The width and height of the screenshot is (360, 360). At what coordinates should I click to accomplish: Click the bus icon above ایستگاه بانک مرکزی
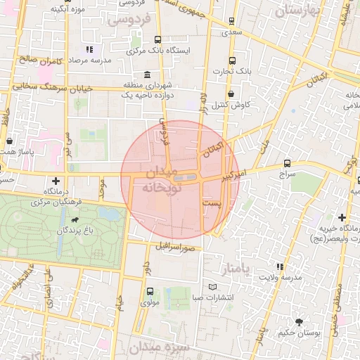(157, 40)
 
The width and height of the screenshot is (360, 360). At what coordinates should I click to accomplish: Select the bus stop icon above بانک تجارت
(233, 60)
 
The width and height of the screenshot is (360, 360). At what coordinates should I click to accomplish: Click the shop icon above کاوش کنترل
(231, 94)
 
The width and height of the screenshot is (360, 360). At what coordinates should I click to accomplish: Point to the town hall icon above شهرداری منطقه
(147, 75)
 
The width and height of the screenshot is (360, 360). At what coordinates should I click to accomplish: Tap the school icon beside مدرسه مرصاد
(89, 50)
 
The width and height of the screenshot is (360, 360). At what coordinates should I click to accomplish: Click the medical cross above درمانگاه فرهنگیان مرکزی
(56, 181)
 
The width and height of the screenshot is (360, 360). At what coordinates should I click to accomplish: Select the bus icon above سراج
(287, 163)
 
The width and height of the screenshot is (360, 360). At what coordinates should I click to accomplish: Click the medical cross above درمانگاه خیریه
(342, 218)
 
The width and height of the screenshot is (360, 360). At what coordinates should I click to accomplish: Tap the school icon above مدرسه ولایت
(280, 266)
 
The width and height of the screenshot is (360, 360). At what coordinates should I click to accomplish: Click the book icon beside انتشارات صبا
(213, 287)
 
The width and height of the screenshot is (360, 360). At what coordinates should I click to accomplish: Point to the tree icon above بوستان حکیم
(300, 321)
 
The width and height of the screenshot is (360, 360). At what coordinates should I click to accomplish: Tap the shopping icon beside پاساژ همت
(8, 141)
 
